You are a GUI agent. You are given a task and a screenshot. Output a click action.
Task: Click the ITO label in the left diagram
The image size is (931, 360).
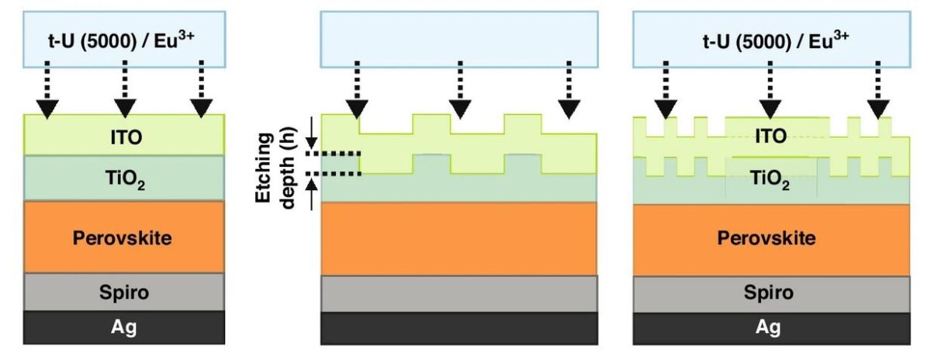click(124, 137)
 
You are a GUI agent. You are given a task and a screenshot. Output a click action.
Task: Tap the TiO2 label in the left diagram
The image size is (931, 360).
click(125, 180)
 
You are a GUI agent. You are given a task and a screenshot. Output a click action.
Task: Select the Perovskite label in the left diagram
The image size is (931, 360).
click(124, 237)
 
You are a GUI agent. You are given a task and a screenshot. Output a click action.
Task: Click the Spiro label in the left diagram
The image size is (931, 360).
click(124, 292)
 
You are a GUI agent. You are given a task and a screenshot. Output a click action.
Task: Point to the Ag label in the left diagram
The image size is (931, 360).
click(124, 327)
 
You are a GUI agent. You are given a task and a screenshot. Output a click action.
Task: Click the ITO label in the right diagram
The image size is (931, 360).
click(770, 137)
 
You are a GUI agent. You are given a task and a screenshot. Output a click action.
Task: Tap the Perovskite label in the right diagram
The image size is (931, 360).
click(771, 237)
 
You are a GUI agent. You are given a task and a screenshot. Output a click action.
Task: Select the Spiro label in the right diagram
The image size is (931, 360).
click(771, 292)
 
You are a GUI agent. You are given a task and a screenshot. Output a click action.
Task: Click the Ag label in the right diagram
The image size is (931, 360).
click(771, 327)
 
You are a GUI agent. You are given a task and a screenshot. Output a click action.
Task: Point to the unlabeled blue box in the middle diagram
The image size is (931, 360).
click(459, 37)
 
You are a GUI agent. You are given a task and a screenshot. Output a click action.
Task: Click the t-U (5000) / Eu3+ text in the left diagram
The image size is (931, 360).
click(124, 38)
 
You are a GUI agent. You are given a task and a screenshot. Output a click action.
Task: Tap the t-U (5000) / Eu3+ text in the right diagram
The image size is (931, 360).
click(771, 38)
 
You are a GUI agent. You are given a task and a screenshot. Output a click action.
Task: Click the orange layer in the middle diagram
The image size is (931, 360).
click(459, 237)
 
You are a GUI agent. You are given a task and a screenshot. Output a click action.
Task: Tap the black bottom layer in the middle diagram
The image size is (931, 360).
click(459, 327)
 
